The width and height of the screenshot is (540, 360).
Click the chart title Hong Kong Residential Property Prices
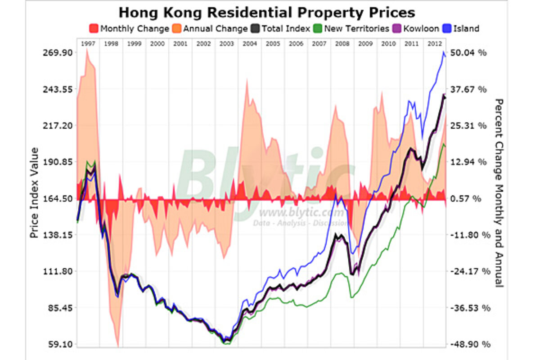click(266, 12)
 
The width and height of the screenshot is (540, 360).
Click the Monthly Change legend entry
click(129, 28)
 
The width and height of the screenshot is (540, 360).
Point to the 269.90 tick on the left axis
click(53, 53)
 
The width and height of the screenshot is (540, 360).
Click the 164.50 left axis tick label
click(53, 198)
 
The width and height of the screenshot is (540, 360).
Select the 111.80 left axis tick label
click(53, 271)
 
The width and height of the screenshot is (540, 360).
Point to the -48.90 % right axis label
click(468, 345)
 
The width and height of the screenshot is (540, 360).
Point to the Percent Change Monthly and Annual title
click(499, 192)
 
